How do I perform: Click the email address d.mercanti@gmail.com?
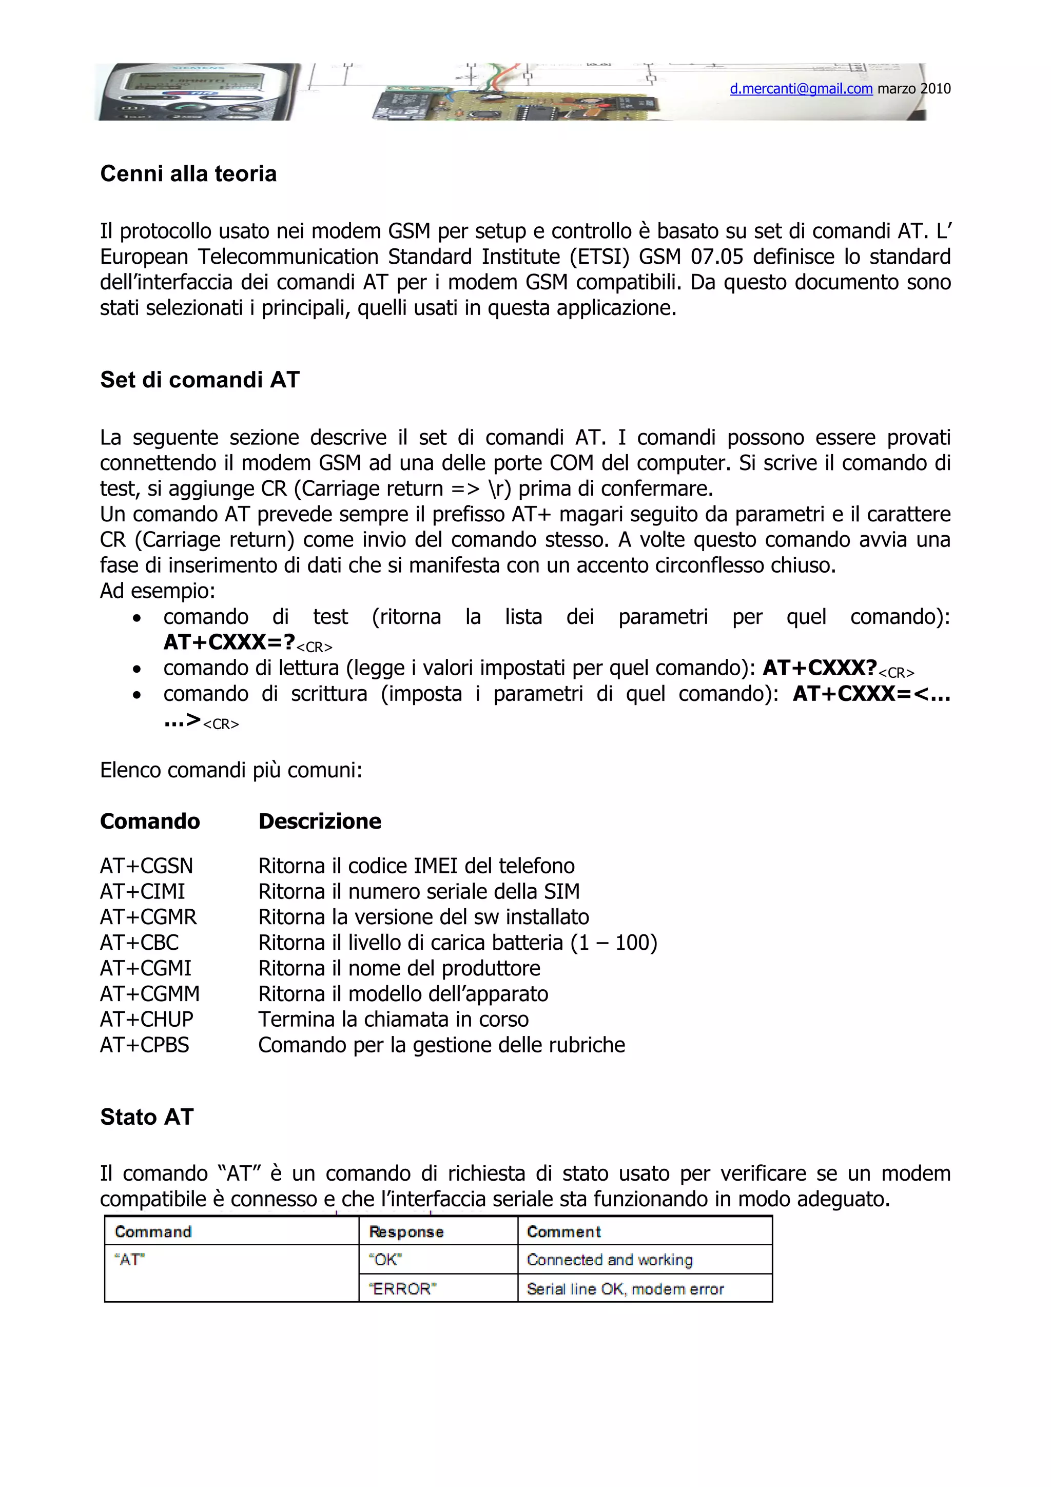pyautogui.click(x=801, y=89)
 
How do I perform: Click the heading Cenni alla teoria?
pyautogui.click(x=188, y=173)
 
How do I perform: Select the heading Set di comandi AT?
pyautogui.click(x=200, y=380)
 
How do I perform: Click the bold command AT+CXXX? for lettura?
pyautogui.click(x=819, y=668)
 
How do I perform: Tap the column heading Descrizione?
pyautogui.click(x=319, y=821)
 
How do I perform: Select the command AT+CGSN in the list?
pyautogui.click(x=146, y=866)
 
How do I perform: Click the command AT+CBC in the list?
pyautogui.click(x=139, y=942)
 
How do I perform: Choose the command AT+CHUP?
pyautogui.click(x=146, y=1020)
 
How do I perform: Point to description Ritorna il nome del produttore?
pyautogui.click(x=399, y=968)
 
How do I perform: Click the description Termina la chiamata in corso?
pyautogui.click(x=393, y=1020)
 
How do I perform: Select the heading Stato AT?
pyautogui.click(x=146, y=1117)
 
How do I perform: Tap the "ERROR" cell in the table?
pyautogui.click(x=403, y=1289)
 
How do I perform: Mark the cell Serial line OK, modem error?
pyautogui.click(x=625, y=1289)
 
